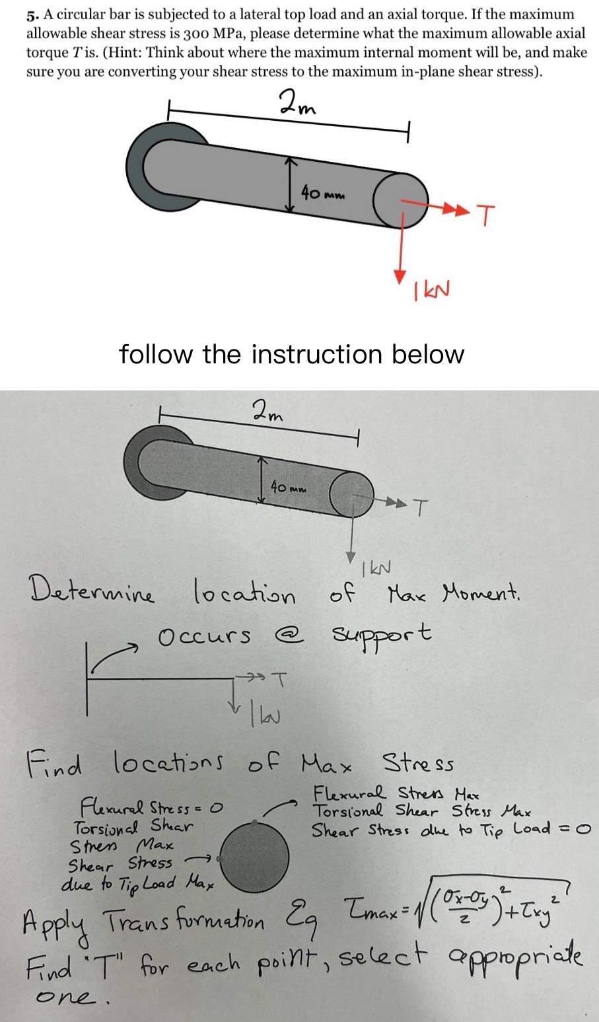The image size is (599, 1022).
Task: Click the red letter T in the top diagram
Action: pyautogui.click(x=485, y=215)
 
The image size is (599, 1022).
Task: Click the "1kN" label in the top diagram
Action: pyautogui.click(x=429, y=288)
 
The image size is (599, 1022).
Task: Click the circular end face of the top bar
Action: pyautogui.click(x=396, y=196)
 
